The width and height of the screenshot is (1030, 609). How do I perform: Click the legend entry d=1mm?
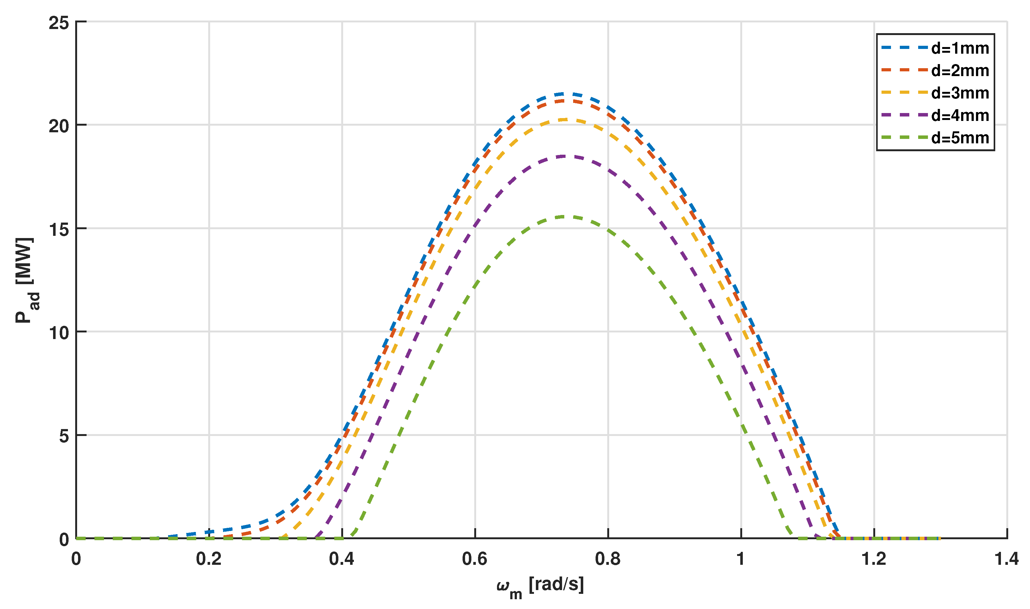click(960, 48)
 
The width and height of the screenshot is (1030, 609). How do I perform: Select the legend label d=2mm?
click(960, 71)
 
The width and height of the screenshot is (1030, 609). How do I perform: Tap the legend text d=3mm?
click(960, 93)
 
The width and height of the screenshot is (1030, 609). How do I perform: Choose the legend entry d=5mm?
click(960, 138)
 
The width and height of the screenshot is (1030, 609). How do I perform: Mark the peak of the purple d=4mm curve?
click(563, 156)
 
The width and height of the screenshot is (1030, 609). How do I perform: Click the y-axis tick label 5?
click(64, 437)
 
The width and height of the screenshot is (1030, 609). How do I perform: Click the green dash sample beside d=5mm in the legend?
click(904, 138)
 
